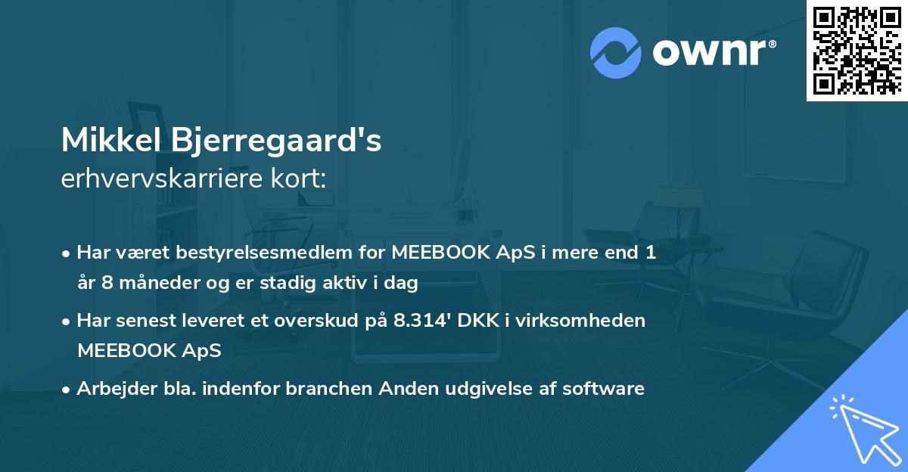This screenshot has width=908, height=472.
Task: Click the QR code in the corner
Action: point(857,51)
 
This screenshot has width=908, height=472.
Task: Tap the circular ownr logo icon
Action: point(616,52)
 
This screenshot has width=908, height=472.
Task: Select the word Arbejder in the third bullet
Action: point(112,389)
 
